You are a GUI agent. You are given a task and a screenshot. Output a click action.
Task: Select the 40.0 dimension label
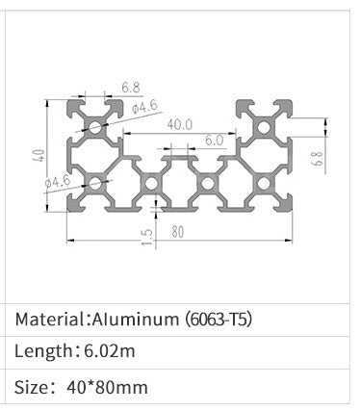(179, 124)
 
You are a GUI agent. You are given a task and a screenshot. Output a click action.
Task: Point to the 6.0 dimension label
(213, 140)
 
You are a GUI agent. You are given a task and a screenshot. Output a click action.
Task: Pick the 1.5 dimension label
(146, 238)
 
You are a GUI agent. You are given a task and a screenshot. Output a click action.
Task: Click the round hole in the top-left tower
(95, 125)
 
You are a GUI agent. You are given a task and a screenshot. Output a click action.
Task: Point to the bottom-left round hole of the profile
(95, 180)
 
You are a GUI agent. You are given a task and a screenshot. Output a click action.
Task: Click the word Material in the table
(50, 319)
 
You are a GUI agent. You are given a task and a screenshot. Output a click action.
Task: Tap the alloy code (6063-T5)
(218, 319)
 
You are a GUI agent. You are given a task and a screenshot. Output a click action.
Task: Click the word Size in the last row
(33, 389)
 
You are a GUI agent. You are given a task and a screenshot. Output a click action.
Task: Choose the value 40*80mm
(108, 389)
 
